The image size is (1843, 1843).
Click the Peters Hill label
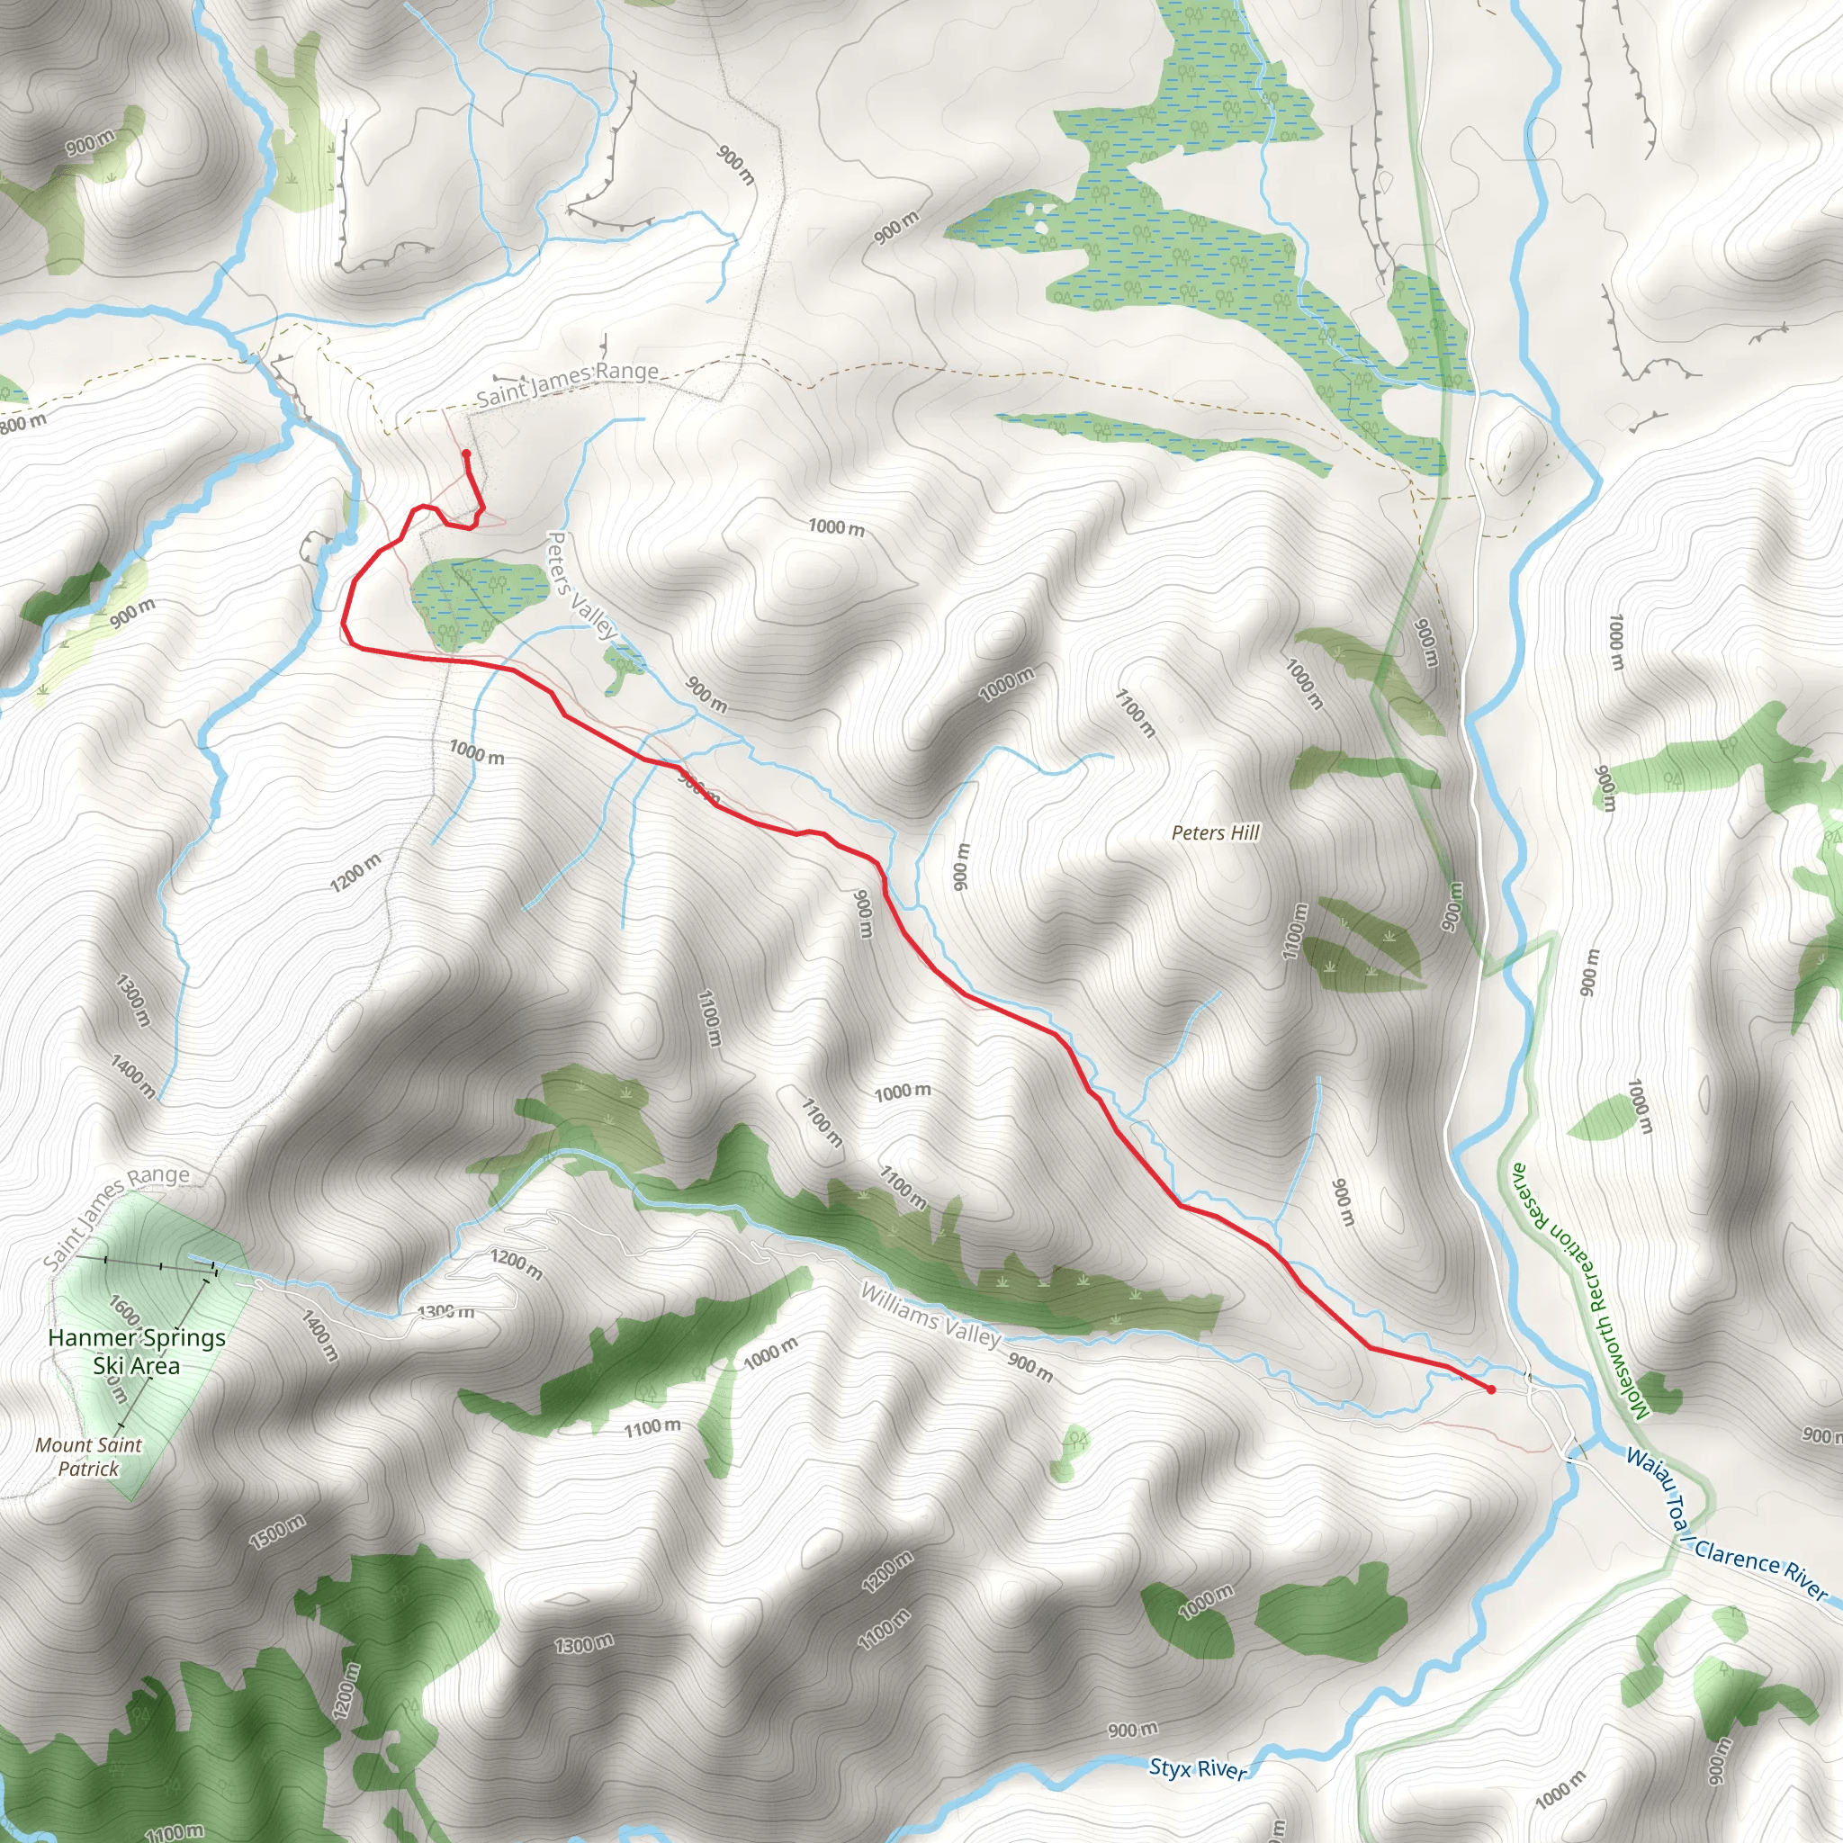(x=1215, y=832)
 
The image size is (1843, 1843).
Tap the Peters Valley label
(x=581, y=586)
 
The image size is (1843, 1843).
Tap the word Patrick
(x=88, y=1469)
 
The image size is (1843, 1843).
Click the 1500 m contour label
(x=276, y=1532)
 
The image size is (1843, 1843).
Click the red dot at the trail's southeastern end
(x=1491, y=1389)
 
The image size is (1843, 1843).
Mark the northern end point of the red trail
(x=466, y=454)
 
